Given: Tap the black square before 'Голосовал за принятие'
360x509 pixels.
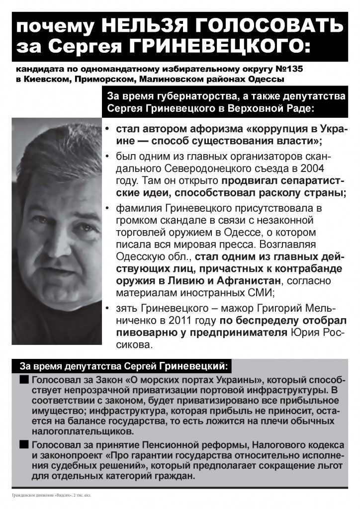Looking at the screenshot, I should [x=24, y=444].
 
